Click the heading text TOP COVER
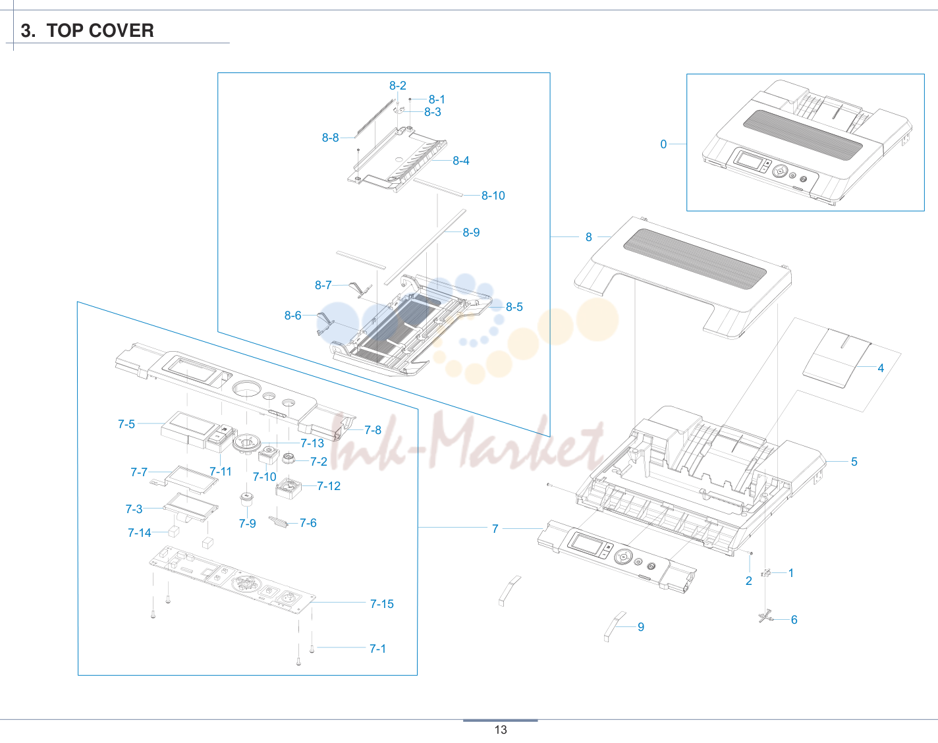[x=100, y=31]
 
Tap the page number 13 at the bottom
[x=501, y=730]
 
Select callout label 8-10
[x=493, y=196]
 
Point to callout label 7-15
[x=382, y=604]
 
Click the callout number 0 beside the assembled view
[x=663, y=144]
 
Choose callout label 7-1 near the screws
[x=377, y=649]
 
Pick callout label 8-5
[x=514, y=307]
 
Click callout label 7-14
[x=140, y=533]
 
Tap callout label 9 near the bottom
[x=641, y=627]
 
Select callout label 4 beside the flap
[x=881, y=368]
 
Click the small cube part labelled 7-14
[x=173, y=531]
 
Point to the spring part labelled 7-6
[x=278, y=522]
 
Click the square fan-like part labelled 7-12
[x=289, y=488]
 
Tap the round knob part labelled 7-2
[x=289, y=458]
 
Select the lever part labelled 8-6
[x=325, y=324]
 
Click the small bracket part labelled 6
[x=765, y=616]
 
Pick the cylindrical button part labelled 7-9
[x=247, y=499]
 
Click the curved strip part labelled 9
[x=615, y=626]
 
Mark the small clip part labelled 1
[x=766, y=573]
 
